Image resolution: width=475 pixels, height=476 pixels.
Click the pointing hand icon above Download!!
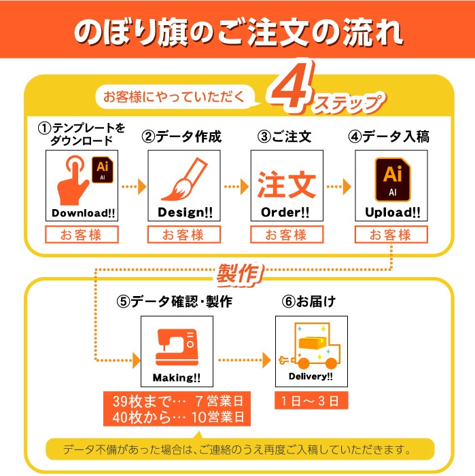click(x=73, y=182)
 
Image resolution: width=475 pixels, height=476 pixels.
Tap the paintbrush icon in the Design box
click(x=185, y=179)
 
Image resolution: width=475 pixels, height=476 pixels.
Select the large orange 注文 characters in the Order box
click(x=287, y=185)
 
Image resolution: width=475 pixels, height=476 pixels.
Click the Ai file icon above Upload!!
click(x=392, y=179)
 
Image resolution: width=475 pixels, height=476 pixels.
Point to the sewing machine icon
click(x=177, y=347)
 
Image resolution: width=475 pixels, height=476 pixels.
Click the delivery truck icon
click(x=310, y=346)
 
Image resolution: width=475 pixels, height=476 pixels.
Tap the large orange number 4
click(x=291, y=86)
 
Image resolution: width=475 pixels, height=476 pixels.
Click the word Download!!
click(x=83, y=213)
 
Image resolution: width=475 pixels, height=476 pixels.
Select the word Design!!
click(x=186, y=212)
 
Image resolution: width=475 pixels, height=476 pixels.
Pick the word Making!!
click(x=177, y=378)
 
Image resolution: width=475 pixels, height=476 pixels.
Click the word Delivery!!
click(x=311, y=376)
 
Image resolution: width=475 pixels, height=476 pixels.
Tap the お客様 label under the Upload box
click(x=391, y=235)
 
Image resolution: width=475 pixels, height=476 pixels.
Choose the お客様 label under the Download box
click(x=82, y=235)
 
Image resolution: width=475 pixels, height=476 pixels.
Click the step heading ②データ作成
click(x=181, y=136)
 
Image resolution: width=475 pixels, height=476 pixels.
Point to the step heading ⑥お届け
click(x=309, y=301)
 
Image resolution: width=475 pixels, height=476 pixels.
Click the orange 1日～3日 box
click(x=311, y=401)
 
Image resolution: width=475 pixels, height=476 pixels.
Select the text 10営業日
click(x=217, y=417)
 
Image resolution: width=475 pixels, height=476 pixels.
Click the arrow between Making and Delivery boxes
click(x=244, y=360)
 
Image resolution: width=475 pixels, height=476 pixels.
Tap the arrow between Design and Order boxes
click(x=236, y=186)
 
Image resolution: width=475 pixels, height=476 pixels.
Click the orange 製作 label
click(x=239, y=274)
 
